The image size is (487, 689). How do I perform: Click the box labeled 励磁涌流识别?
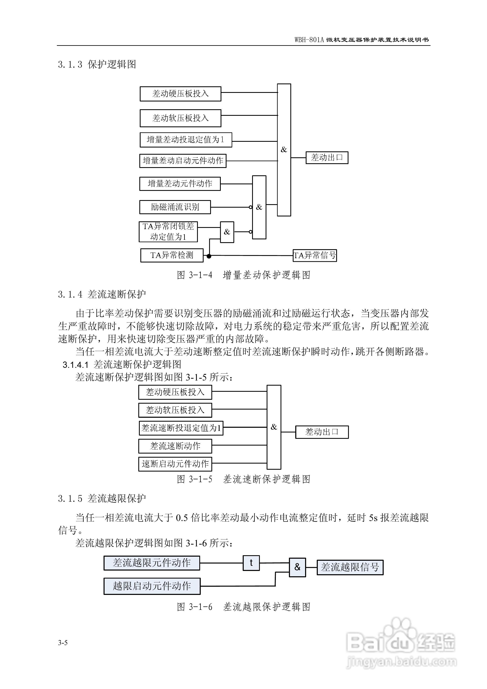(175, 207)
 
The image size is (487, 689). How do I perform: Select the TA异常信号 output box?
(315, 255)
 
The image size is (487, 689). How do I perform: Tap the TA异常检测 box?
(172, 255)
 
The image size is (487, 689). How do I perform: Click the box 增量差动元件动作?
(180, 184)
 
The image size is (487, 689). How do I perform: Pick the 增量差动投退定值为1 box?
(186, 140)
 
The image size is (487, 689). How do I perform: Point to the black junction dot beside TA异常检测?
(209, 256)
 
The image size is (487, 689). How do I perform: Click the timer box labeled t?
(251, 563)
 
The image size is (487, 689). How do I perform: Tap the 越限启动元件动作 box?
(152, 586)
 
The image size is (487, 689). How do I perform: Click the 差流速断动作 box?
(175, 446)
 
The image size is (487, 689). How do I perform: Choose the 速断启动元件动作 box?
(175, 464)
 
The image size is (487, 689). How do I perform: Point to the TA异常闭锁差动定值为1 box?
(168, 232)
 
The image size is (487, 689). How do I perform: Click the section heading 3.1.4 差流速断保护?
(102, 294)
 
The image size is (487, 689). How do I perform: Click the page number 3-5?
(63, 643)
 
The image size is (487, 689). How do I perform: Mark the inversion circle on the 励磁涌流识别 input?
(250, 207)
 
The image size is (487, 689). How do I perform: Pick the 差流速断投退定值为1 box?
(181, 428)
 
